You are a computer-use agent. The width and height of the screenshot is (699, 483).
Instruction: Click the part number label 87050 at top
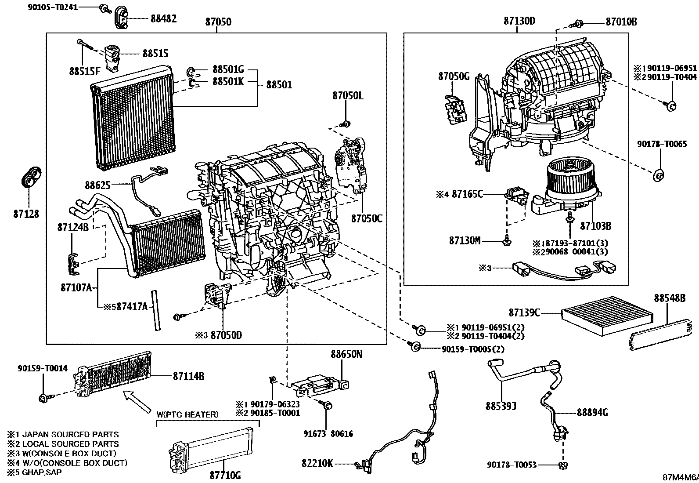[218, 22]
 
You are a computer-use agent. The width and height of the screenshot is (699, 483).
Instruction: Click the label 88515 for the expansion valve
[155, 54]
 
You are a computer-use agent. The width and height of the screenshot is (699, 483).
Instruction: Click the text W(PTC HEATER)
[187, 414]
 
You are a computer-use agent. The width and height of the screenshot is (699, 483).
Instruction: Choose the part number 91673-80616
[328, 434]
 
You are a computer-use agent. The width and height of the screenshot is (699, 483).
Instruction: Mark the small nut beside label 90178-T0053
[561, 465]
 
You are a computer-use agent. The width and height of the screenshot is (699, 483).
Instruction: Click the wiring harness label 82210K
[317, 463]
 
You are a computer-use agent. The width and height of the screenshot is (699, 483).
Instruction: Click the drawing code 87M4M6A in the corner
[680, 477]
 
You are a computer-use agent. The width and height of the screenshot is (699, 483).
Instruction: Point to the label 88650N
[346, 354]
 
